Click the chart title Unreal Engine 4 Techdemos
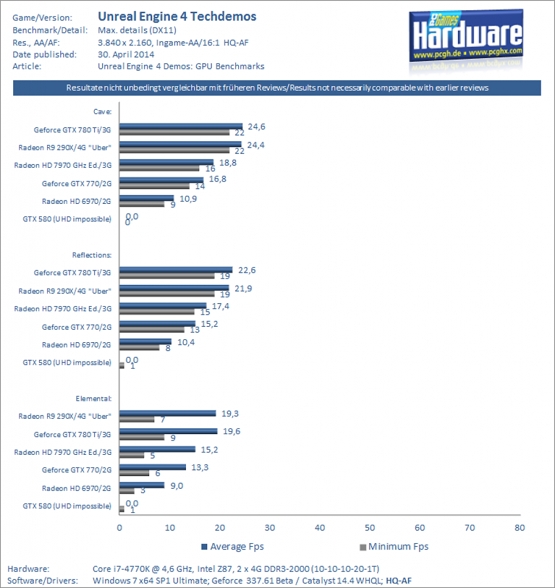tap(177, 17)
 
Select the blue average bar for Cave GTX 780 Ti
tap(181, 126)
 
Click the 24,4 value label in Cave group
tap(255, 145)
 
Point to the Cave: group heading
tap(102, 111)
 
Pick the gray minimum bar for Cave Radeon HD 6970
tap(142, 204)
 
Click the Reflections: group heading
tap(92, 255)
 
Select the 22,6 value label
tap(247, 270)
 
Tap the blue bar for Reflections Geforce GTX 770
tap(157, 324)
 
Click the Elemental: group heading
tap(94, 399)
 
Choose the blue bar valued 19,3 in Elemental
tap(168, 413)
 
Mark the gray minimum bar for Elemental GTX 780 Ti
tap(142, 437)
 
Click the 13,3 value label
tap(200, 467)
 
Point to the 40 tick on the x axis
tap(320, 528)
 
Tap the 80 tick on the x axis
tap(520, 528)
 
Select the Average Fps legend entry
tap(232, 547)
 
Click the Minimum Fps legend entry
tap(394, 547)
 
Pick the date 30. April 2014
tap(126, 55)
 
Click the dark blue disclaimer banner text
tap(277, 88)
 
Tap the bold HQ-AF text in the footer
tap(399, 581)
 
